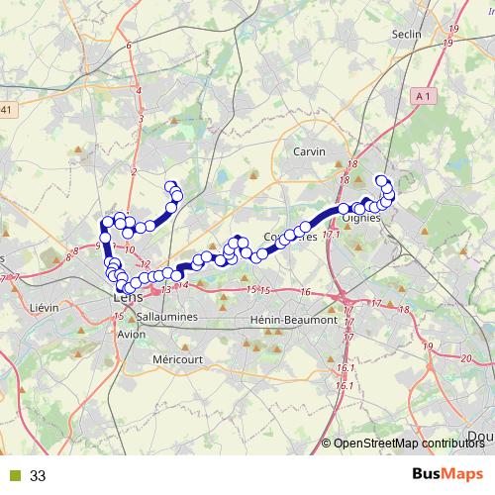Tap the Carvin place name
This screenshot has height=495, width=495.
point(310,151)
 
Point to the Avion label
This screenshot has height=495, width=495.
point(131,334)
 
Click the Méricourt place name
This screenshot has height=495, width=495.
point(177,358)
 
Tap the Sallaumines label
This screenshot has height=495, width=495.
point(169,316)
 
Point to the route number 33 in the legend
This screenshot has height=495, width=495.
point(39,476)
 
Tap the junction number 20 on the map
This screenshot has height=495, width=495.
point(467,358)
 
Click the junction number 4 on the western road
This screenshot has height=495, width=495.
point(140,91)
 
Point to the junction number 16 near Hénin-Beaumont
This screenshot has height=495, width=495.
point(306,292)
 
